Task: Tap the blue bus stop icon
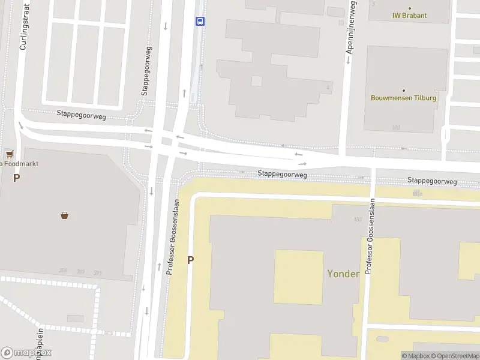200,21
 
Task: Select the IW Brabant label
409,16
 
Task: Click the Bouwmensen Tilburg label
403,98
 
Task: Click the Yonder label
343,274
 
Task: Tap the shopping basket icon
64,215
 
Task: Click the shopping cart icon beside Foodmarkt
9,154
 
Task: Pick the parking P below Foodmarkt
16,178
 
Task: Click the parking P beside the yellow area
191,260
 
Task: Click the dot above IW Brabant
410,8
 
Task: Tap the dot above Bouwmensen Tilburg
403,90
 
